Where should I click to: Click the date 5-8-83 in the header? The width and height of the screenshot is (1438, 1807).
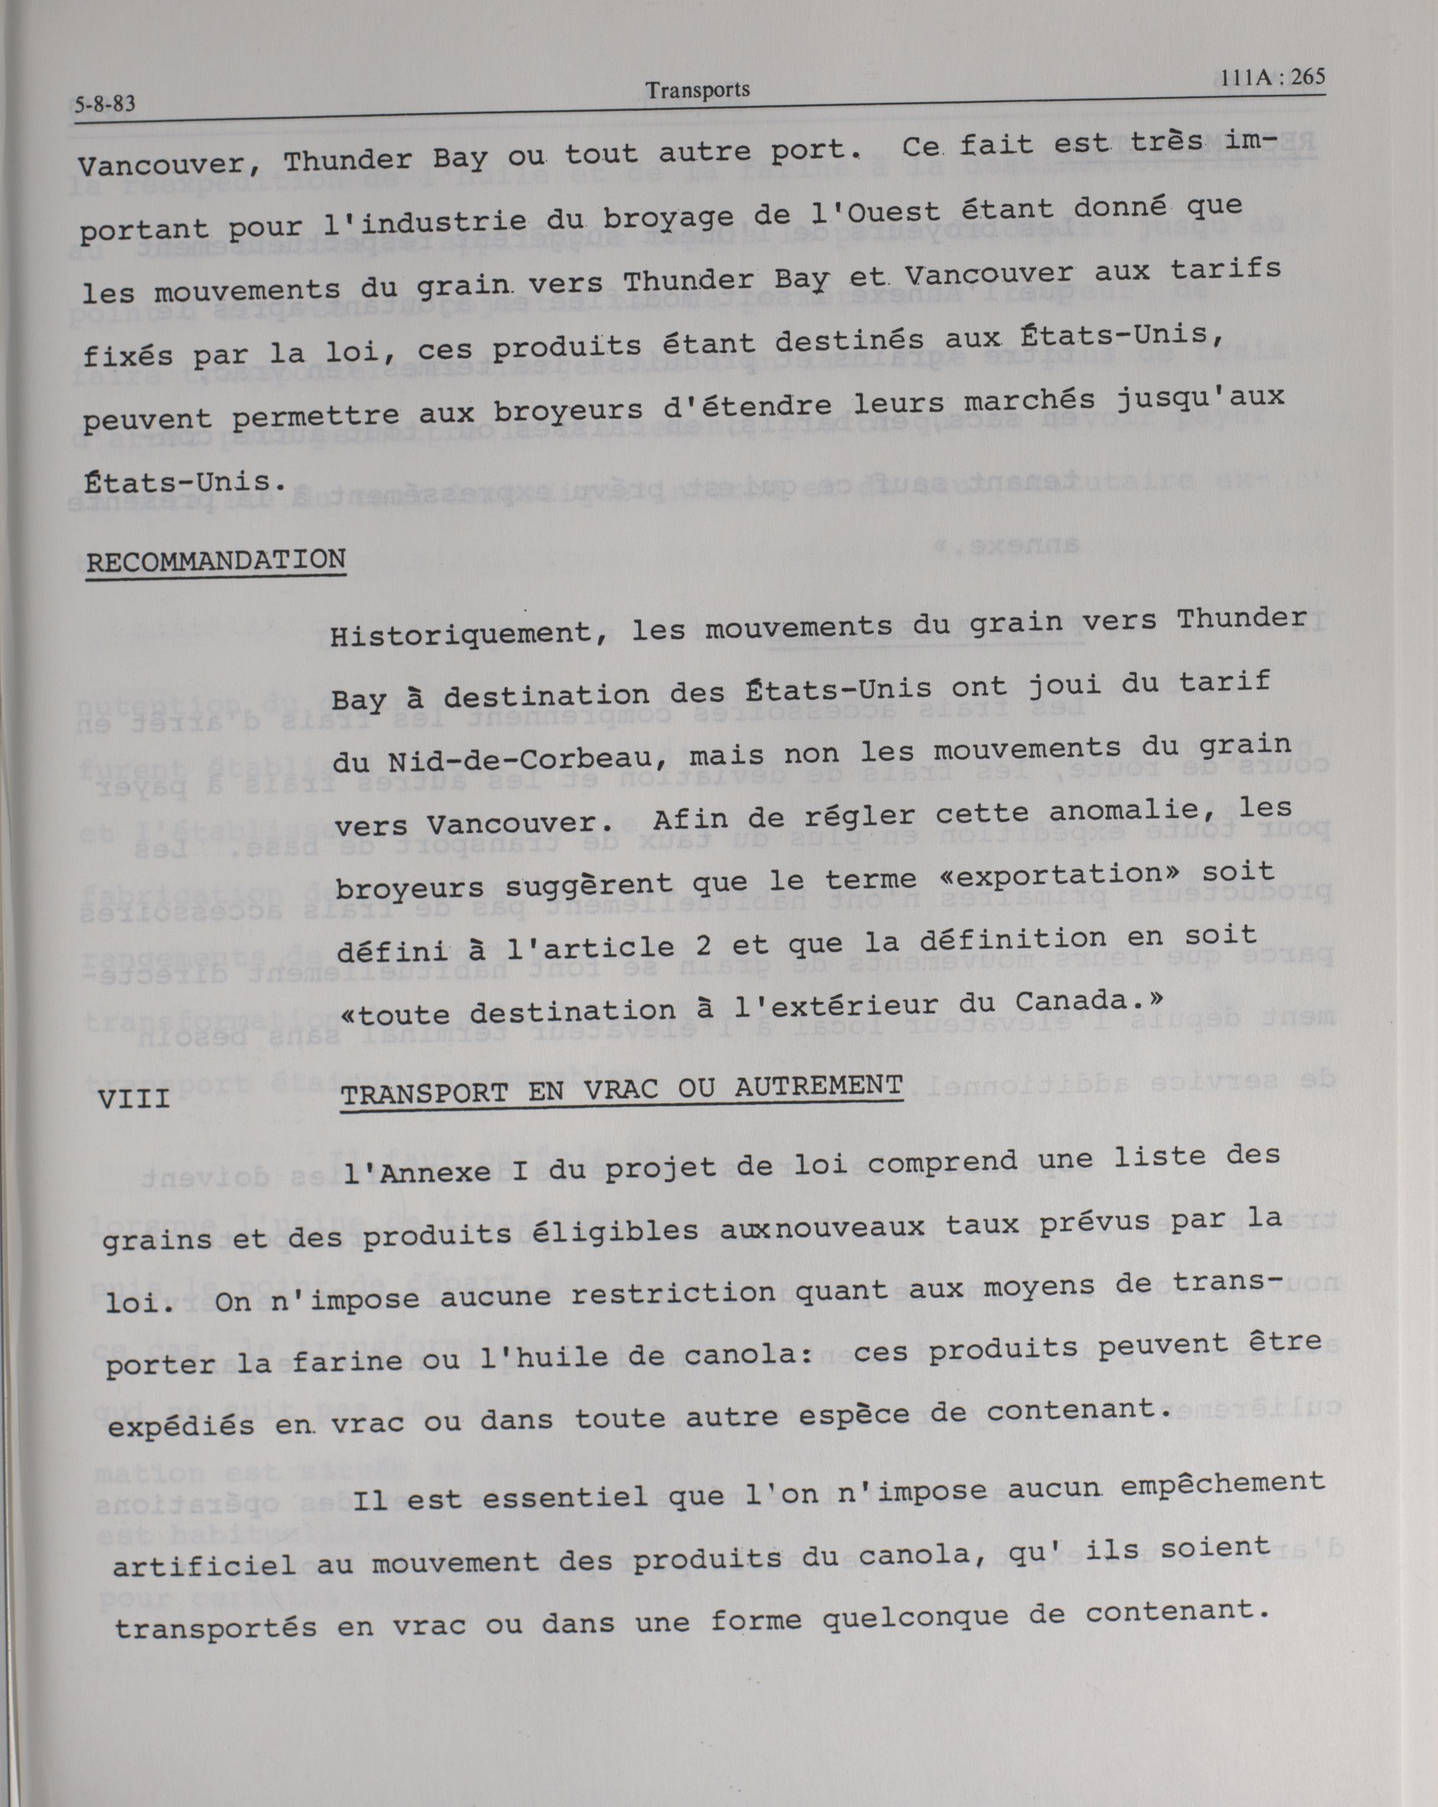[104, 105]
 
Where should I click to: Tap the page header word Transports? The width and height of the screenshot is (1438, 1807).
[697, 90]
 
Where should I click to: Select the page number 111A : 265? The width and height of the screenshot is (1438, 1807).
[1272, 79]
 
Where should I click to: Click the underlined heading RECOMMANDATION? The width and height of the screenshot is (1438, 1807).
[216, 560]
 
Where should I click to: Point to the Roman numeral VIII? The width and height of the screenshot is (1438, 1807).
[134, 1097]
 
